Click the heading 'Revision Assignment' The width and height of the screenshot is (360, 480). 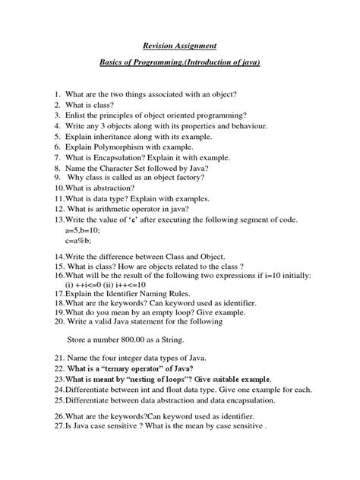click(179, 45)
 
